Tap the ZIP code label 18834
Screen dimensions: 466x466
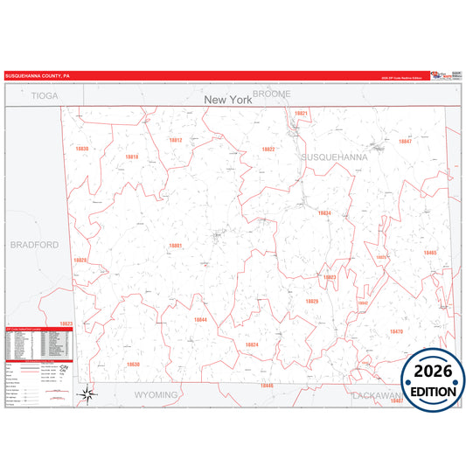pyautogui.click(x=323, y=212)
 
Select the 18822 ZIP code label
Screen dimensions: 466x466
pyautogui.click(x=268, y=150)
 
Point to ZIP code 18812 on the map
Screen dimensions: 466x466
pyautogui.click(x=175, y=140)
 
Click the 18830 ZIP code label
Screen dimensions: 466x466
pyautogui.click(x=82, y=150)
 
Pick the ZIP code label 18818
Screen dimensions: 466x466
pyautogui.click(x=131, y=157)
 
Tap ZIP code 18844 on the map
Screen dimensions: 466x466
pyautogui.click(x=200, y=320)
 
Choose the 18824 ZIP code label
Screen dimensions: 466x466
pyautogui.click(x=252, y=344)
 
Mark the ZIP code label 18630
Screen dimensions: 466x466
pyautogui.click(x=132, y=364)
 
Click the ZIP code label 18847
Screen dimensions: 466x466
pyautogui.click(x=405, y=141)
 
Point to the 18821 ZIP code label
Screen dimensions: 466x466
pyautogui.click(x=301, y=114)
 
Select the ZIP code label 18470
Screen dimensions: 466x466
pyautogui.click(x=396, y=332)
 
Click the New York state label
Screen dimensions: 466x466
pyautogui.click(x=227, y=101)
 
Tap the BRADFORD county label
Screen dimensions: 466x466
pyautogui.click(x=35, y=245)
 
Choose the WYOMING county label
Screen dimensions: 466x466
pyautogui.click(x=156, y=395)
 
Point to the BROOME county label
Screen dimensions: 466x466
pyautogui.click(x=271, y=94)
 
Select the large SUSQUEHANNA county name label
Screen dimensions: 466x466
pyautogui.click(x=335, y=156)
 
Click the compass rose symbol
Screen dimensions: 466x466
pyautogui.click(x=87, y=394)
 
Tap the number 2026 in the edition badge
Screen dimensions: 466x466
pyautogui.click(x=435, y=372)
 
